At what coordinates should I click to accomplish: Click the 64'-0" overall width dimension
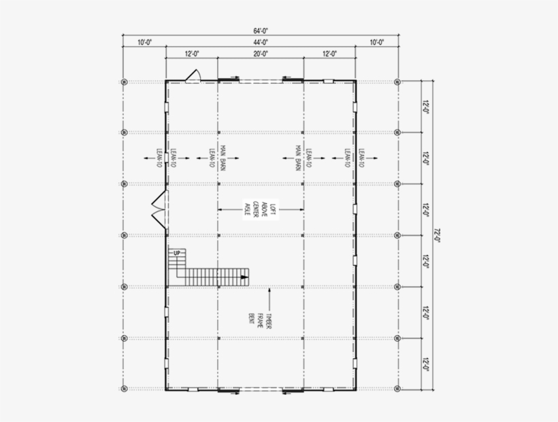click(x=261, y=30)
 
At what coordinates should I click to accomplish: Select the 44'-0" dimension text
click(x=261, y=42)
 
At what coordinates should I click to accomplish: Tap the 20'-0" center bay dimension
click(x=261, y=54)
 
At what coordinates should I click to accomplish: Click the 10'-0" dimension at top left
click(x=144, y=42)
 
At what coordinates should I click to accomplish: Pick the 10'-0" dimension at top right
click(x=377, y=42)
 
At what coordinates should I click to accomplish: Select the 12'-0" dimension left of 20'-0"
click(x=191, y=54)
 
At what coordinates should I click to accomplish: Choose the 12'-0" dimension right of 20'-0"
click(x=329, y=54)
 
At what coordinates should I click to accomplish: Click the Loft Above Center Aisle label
click(x=260, y=209)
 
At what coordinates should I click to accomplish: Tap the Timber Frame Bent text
click(x=261, y=320)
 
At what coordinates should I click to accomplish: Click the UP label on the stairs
click(x=177, y=253)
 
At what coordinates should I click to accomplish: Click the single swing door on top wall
click(x=193, y=75)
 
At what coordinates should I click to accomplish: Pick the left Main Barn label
click(x=217, y=159)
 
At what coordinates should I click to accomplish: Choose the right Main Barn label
click(x=299, y=159)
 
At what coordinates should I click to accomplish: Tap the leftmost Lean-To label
click(x=161, y=158)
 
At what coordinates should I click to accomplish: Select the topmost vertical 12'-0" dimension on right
click(x=427, y=107)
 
